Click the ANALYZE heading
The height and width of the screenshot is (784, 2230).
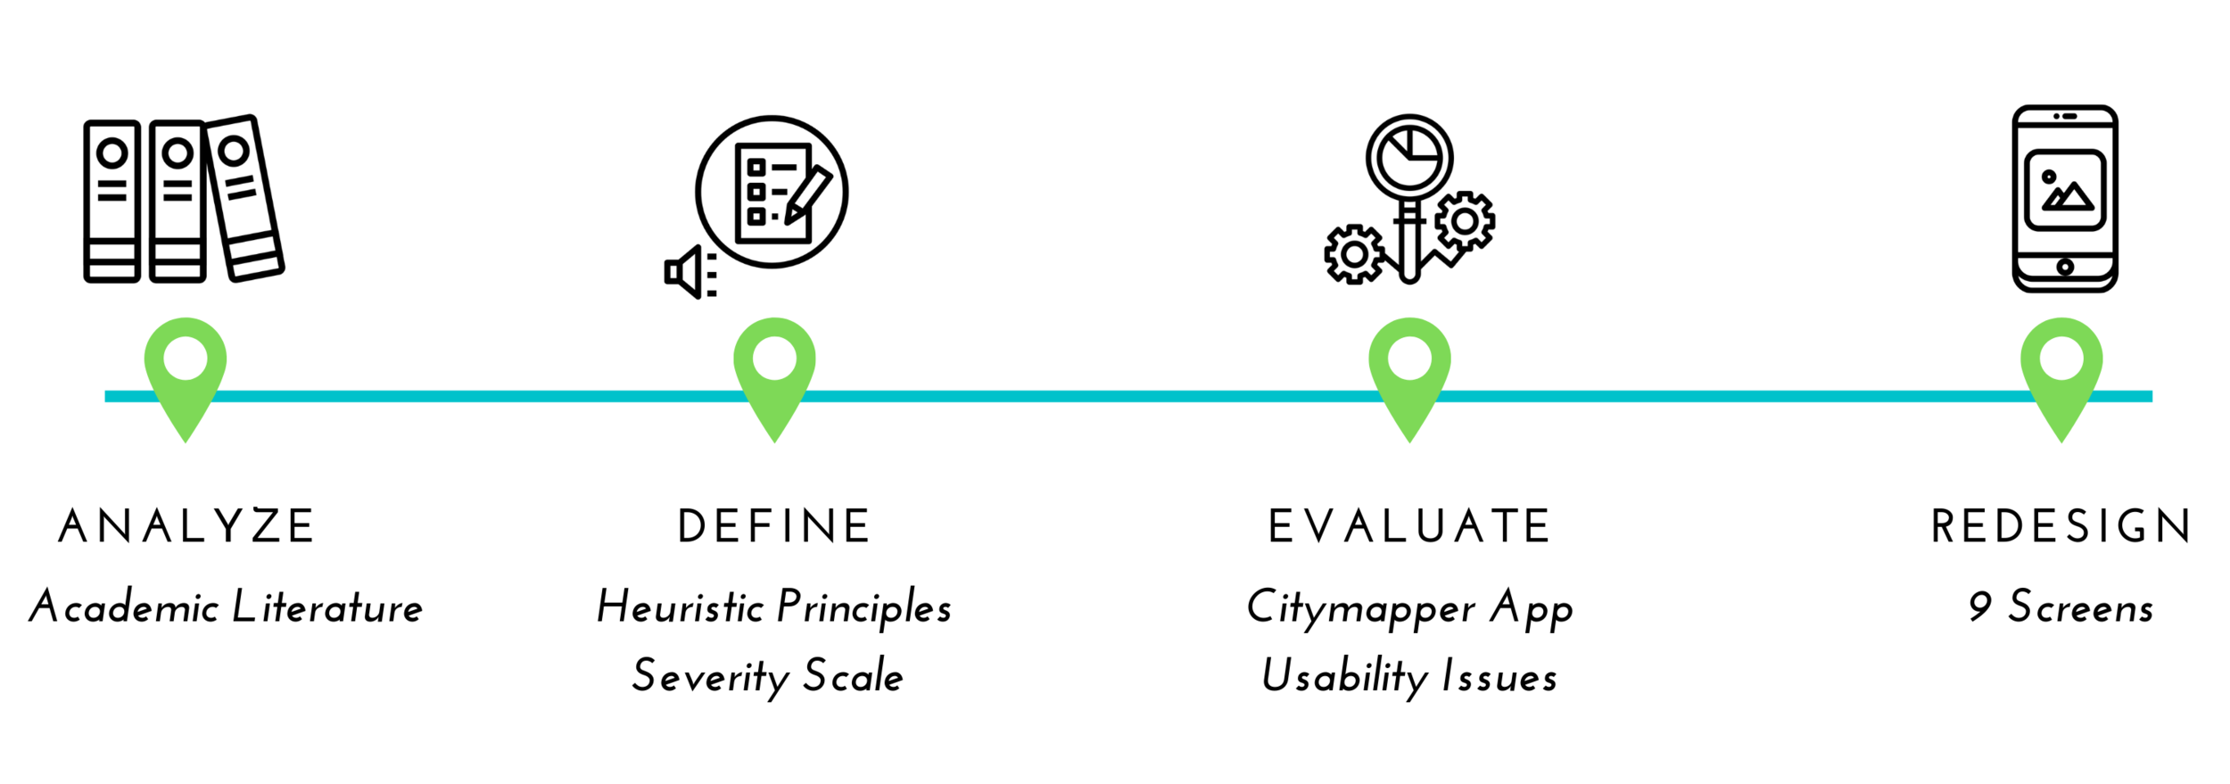pyautogui.click(x=186, y=526)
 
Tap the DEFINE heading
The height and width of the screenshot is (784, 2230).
pyautogui.click(x=773, y=526)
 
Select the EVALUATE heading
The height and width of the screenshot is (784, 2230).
pyautogui.click(x=1409, y=526)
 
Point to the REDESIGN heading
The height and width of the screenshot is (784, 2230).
pyautogui.click(x=2061, y=526)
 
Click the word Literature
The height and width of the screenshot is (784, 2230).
pyautogui.click(x=327, y=607)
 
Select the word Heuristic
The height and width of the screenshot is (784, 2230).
pyautogui.click(x=680, y=607)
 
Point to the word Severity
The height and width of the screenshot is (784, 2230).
pyautogui.click(x=711, y=676)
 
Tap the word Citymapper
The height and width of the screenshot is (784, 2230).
pyautogui.click(x=1361, y=608)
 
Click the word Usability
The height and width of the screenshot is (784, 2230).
pyautogui.click(x=1345, y=676)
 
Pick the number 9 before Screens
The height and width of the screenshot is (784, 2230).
pyautogui.click(x=1980, y=607)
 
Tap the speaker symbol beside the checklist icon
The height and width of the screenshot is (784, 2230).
pyautogui.click(x=690, y=272)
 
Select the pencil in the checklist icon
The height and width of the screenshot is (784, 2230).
pyautogui.click(x=808, y=194)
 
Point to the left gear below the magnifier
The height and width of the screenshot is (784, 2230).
pyautogui.click(x=1354, y=254)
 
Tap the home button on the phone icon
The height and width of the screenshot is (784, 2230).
pyautogui.click(x=2065, y=267)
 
